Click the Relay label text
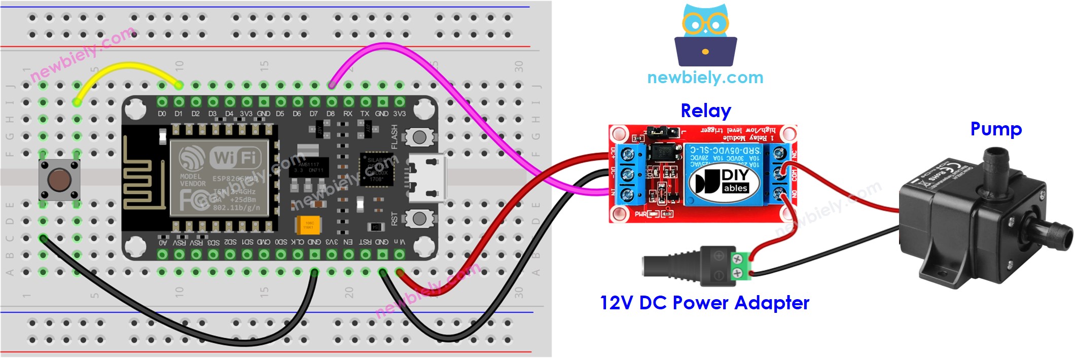[705, 111]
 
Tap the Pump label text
[995, 129]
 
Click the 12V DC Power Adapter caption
[704, 303]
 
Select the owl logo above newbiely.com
[705, 35]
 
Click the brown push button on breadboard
[59, 179]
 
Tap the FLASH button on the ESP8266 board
[419, 137]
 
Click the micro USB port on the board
[427, 178]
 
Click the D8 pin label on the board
[331, 114]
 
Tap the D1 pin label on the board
[178, 114]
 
